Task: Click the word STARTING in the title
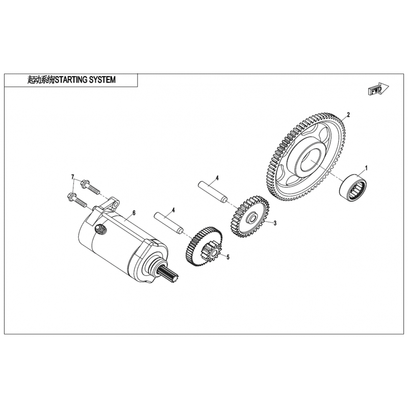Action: [71, 80]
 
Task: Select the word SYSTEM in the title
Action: [103, 80]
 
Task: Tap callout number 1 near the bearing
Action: [366, 168]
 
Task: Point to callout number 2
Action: [348, 115]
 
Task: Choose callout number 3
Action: [275, 223]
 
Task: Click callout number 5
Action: [228, 257]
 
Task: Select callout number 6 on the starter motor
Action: [134, 213]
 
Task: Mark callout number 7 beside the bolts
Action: [73, 176]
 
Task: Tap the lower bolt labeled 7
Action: [77, 200]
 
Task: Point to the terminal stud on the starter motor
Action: [100, 229]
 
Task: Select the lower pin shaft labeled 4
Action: [169, 223]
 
